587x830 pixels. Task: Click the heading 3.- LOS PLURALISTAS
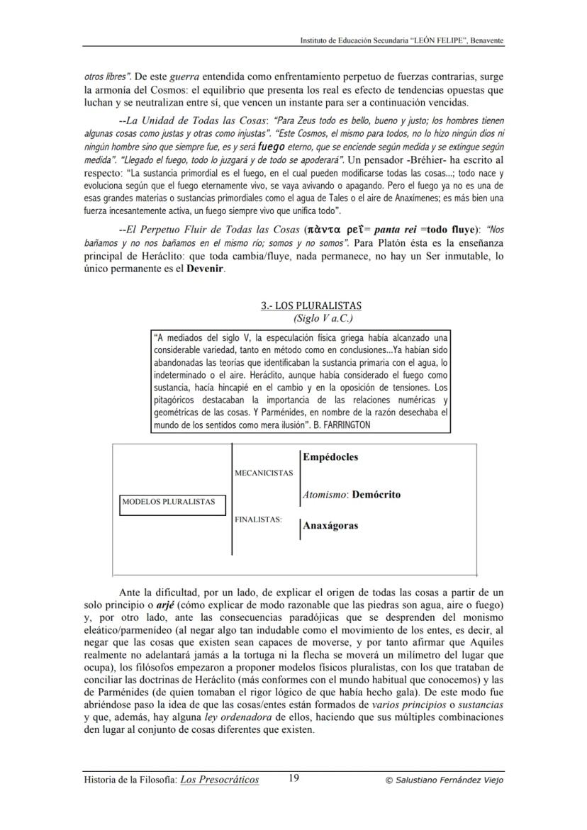311,305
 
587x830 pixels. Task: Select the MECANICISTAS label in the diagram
263,473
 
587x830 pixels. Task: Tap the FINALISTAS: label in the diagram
258,520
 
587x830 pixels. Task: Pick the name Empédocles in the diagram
330,457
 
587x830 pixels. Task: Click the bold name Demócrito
376,495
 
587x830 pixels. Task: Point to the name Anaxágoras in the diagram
330,526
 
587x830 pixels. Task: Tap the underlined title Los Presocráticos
220,780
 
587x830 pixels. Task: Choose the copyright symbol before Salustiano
388,780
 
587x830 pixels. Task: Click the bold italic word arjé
166,605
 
